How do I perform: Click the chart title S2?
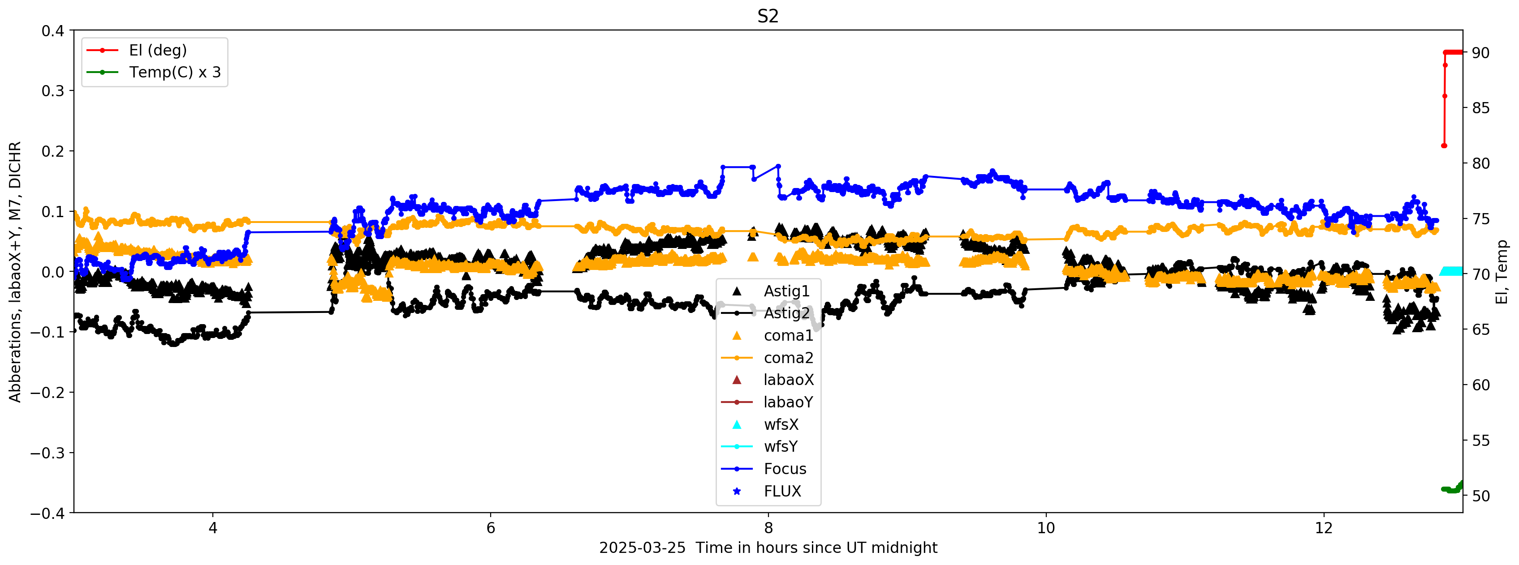pos(768,16)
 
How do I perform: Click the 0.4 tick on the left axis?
pos(52,30)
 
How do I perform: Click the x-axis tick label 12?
pos(1324,528)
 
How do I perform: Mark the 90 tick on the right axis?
pos(1480,53)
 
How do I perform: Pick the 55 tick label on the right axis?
pos(1480,441)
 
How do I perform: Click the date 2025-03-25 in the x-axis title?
pos(642,548)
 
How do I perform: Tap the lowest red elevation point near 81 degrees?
pos(1444,146)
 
